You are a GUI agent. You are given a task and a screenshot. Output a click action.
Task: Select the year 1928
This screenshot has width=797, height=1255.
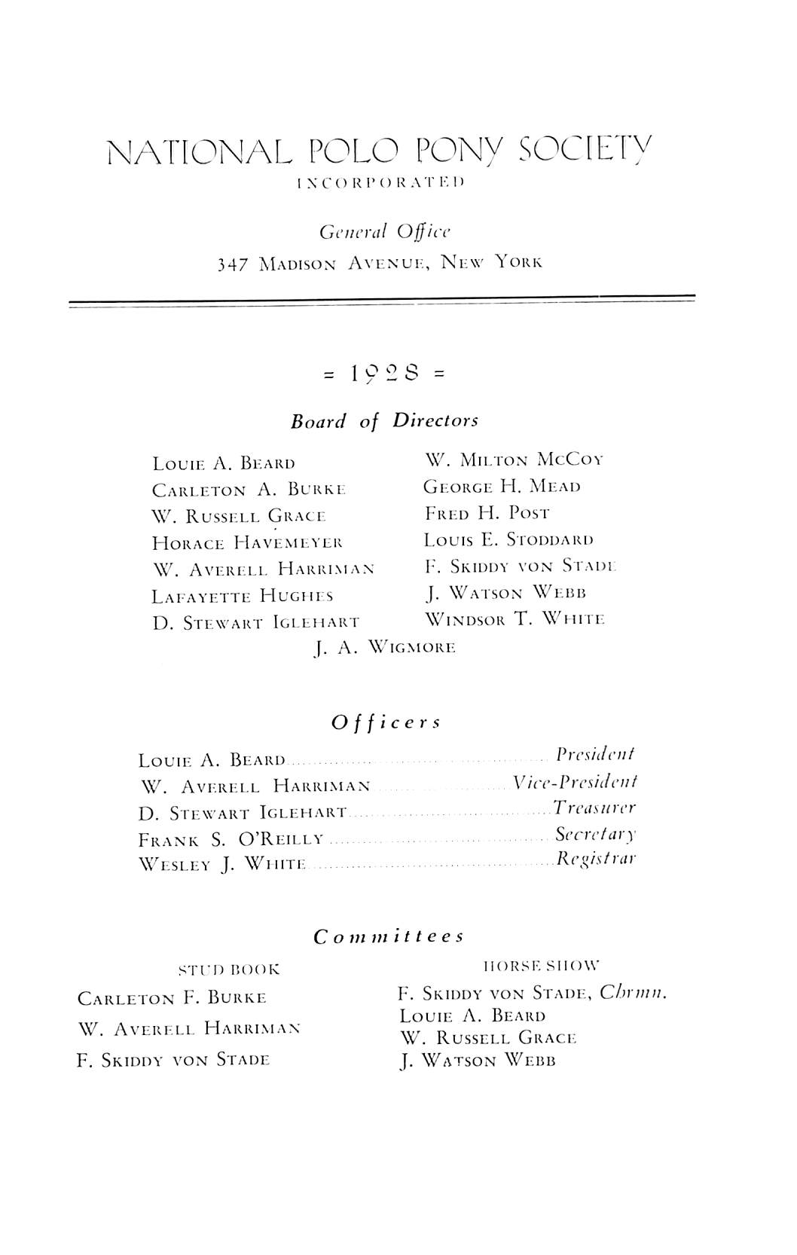(384, 373)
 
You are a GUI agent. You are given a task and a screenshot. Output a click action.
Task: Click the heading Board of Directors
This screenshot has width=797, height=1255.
(384, 420)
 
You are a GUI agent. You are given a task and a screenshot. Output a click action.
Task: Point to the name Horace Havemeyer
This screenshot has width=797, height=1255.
(247, 542)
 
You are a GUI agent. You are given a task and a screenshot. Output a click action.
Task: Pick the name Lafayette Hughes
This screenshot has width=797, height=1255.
(243, 597)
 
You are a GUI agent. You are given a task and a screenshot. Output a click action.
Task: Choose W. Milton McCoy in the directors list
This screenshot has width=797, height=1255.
(514, 460)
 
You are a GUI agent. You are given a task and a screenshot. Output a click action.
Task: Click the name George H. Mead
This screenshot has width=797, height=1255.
(502, 487)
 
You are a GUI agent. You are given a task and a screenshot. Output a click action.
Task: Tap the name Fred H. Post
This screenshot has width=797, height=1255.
(487, 514)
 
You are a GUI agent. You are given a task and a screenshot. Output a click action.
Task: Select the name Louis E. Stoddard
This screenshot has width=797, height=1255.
(508, 540)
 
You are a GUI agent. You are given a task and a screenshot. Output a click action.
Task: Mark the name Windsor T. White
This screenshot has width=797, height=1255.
(515, 619)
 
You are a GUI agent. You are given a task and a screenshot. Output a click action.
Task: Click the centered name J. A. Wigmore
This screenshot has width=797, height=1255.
(383, 647)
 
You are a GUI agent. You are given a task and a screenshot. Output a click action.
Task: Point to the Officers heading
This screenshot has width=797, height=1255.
(386, 722)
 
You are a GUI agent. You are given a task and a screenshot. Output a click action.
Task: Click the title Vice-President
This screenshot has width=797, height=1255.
(575, 782)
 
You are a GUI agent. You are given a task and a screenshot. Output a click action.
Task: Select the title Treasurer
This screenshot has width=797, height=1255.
(594, 808)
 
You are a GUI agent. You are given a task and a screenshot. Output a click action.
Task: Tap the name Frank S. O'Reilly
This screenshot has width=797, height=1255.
(231, 839)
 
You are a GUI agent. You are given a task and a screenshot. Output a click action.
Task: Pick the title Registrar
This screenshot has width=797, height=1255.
(596, 859)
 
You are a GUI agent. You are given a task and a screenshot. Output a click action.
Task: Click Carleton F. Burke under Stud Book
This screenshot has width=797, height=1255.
(172, 999)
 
